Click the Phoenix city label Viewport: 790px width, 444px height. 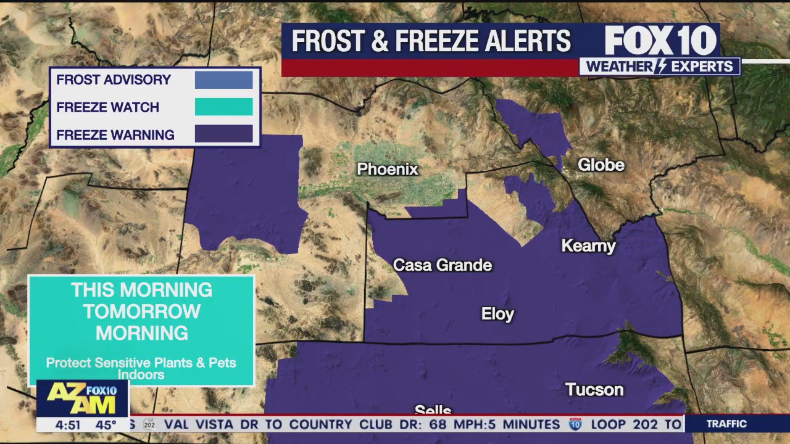[x=388, y=169]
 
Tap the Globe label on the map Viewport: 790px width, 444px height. [x=601, y=165]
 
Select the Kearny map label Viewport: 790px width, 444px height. [x=588, y=246]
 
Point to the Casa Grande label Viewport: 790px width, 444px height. [x=443, y=265]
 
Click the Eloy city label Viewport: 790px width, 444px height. [x=497, y=314]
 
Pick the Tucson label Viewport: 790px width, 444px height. [x=594, y=390]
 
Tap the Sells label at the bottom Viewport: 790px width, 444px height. [x=433, y=410]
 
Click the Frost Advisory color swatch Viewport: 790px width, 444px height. [x=223, y=80]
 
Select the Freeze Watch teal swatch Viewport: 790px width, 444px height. [x=223, y=107]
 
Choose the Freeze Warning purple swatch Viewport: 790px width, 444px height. [x=223, y=134]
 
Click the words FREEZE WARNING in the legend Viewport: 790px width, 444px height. [x=115, y=135]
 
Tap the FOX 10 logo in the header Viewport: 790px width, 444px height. [x=660, y=41]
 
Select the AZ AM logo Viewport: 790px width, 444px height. [x=83, y=398]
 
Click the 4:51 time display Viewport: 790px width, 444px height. [x=68, y=425]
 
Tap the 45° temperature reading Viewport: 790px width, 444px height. [x=106, y=425]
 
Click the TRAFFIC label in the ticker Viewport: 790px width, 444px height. [x=726, y=424]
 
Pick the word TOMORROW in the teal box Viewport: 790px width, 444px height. [x=141, y=311]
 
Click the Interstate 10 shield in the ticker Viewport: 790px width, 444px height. [x=575, y=424]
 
